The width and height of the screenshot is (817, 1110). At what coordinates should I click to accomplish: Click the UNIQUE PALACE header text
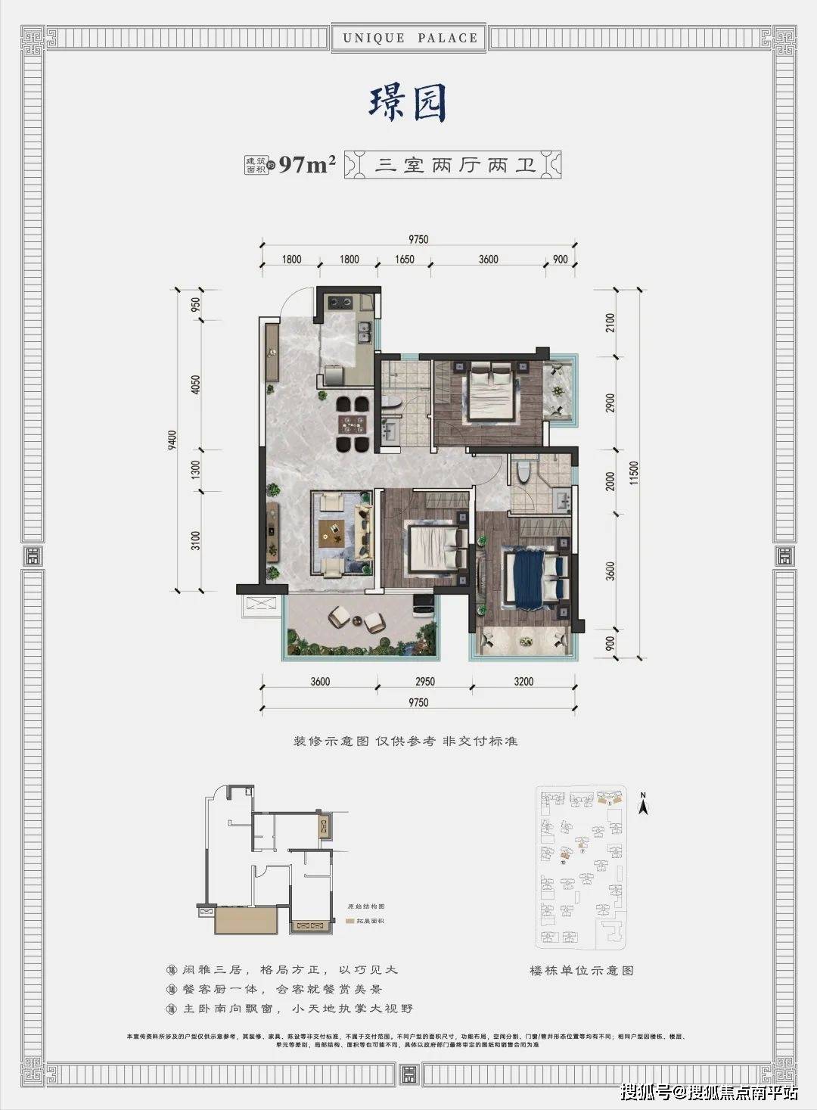pos(410,38)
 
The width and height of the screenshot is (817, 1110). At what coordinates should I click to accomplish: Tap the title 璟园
pos(408,104)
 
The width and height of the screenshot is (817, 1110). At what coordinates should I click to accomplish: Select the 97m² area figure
pos(306,164)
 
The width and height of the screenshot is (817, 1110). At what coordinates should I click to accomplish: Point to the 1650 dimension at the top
pos(405,260)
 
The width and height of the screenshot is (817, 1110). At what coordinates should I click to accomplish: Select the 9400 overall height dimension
pos(172,440)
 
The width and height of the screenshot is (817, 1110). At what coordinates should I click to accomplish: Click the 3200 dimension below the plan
pos(523,682)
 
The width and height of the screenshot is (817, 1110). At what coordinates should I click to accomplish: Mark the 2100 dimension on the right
pos(610,323)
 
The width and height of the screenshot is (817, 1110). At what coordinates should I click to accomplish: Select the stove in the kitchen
pos(340,303)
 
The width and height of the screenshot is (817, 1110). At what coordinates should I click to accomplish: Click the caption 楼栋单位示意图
pos(581,970)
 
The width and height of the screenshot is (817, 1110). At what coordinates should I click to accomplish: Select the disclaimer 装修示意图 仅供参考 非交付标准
pos(405,741)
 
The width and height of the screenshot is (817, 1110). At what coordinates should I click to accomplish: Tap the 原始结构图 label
pos(366,906)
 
